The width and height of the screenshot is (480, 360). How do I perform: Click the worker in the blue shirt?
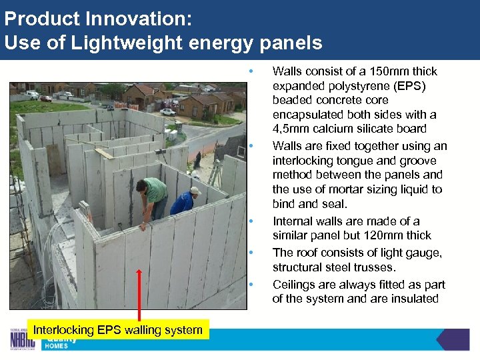(183, 201)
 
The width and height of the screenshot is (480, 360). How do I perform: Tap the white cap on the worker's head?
(195, 191)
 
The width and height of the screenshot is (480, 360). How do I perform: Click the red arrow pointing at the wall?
(139, 293)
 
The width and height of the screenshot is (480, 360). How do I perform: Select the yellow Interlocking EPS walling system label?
(117, 329)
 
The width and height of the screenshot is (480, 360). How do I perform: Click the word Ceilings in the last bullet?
(294, 285)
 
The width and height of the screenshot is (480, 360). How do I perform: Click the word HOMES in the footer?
(57, 346)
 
